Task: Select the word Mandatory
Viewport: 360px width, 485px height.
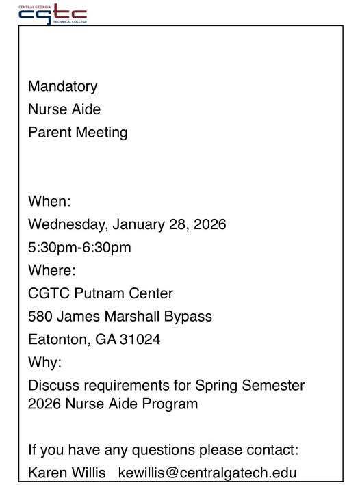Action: pos(62,87)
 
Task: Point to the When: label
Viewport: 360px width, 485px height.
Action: pos(49,202)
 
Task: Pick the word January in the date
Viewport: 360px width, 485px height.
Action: pos(138,224)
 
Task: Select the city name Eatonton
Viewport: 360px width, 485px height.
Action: pos(57,339)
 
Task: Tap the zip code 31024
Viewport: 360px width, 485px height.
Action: pos(142,339)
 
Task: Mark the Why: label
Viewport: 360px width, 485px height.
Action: pos(44,362)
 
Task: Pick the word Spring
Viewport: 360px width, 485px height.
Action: pos(217,385)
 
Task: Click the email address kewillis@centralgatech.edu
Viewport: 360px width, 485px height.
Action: pos(207,473)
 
